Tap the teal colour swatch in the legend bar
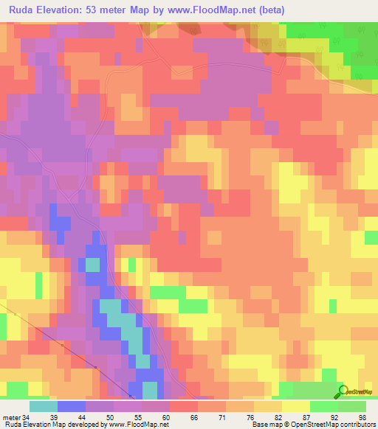[44, 406]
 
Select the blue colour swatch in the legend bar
[72, 406]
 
